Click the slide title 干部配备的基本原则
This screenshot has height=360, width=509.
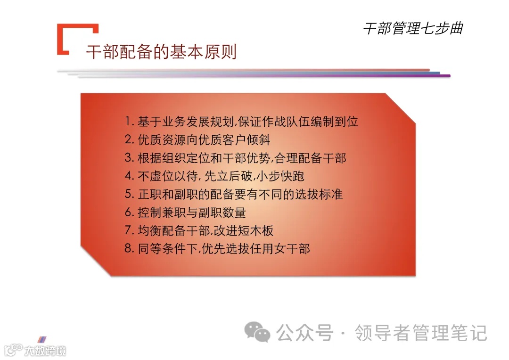click(x=161, y=52)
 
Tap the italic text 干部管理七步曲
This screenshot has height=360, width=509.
click(x=412, y=28)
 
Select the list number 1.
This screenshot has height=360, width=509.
click(x=129, y=122)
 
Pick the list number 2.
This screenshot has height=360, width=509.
click(x=129, y=140)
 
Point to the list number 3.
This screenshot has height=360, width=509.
click(x=129, y=158)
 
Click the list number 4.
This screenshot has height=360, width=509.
click(x=129, y=176)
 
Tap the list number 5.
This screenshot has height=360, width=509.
click(x=129, y=194)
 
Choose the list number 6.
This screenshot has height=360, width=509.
click(x=129, y=213)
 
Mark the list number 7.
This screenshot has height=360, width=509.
click(x=129, y=231)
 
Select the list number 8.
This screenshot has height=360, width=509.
click(x=129, y=249)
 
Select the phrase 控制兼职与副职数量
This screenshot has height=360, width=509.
click(x=192, y=213)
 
